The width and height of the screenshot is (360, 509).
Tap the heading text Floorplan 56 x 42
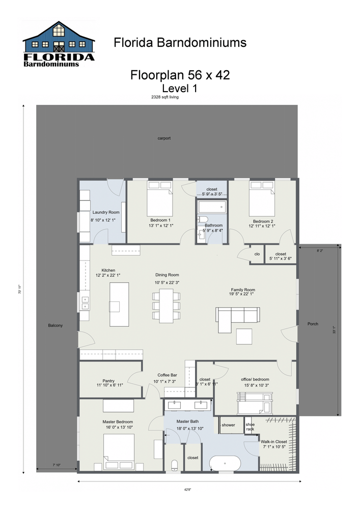[180, 75]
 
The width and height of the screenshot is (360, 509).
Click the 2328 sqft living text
[165, 97]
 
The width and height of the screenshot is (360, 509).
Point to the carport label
[164, 138]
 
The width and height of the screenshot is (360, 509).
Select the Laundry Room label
[106, 212]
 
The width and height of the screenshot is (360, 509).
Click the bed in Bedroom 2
[261, 201]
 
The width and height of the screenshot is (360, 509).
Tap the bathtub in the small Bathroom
[211, 207]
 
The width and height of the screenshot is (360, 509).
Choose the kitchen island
[119, 304]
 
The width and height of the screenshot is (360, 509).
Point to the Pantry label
[108, 381]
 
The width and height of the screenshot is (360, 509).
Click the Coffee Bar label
[167, 375]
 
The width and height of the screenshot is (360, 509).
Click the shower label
[228, 425]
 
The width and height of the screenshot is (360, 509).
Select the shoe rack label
[250, 427]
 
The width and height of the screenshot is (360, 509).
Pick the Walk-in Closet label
[274, 442]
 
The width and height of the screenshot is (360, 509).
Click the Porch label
[312, 324]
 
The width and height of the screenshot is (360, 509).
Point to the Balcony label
[56, 325]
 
